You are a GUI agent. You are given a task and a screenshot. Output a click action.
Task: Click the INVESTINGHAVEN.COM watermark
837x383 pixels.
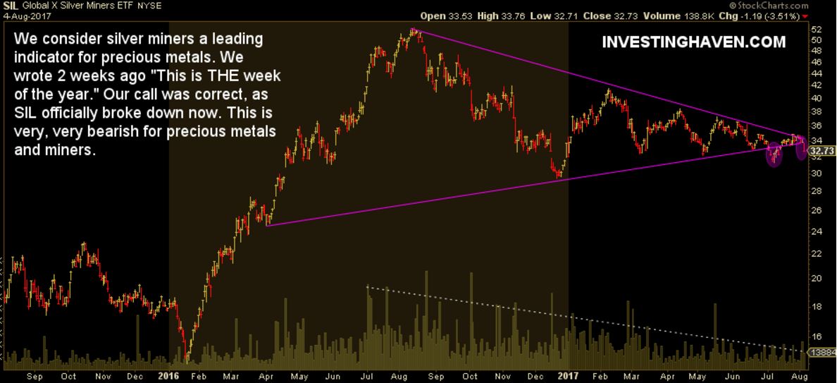(694, 42)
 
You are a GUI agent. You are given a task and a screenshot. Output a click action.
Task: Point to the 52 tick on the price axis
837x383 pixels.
(817, 30)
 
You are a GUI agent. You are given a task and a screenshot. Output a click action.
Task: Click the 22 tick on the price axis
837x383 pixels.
(817, 253)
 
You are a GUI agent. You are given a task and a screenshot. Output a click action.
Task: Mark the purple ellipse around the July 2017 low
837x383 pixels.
(774, 153)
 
